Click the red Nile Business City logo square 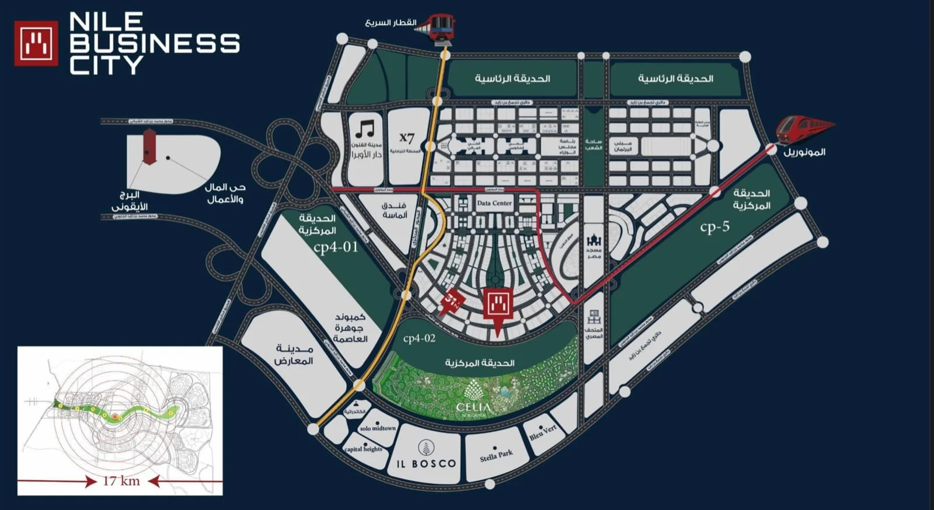tap(36, 43)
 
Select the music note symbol tap(365, 130)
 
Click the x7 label tap(407, 138)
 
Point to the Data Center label tap(494, 204)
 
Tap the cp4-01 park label tap(336, 247)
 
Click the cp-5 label tap(715, 227)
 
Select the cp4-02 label tap(419, 338)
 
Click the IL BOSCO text tap(426, 464)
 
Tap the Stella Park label tap(496, 455)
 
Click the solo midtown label tap(378, 428)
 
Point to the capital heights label tap(363, 449)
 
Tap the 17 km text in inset tap(121, 481)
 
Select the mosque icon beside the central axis tap(594, 240)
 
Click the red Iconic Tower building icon tap(149, 146)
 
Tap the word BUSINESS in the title tap(155, 44)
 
